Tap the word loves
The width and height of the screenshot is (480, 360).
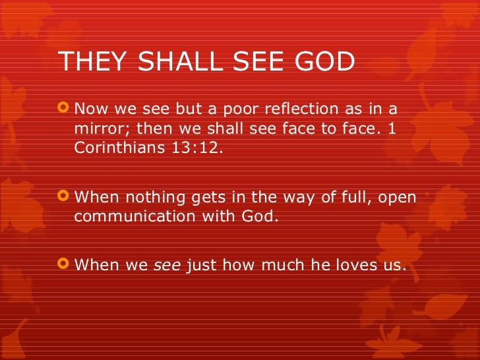354,266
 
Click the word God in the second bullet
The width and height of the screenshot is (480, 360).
265,216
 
